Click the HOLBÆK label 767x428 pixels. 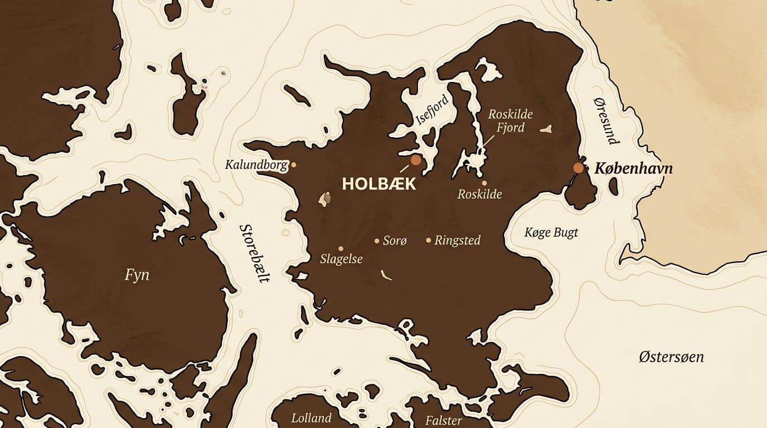tap(379, 184)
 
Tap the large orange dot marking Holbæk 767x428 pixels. tap(415, 160)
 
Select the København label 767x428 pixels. tap(634, 168)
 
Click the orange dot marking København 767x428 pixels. tap(579, 168)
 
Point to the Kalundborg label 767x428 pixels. tap(256, 165)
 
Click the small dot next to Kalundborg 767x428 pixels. tap(294, 165)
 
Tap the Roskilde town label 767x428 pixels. tap(479, 194)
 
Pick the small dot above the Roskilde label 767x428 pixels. tap(484, 183)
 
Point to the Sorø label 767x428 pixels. tap(395, 241)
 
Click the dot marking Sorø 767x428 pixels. tap(377, 241)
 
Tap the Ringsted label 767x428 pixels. tap(457, 241)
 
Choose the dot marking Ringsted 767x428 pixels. tap(429, 241)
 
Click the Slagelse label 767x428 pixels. tap(341, 259)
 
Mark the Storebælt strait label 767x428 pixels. tap(254, 254)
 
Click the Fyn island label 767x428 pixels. tap(137, 275)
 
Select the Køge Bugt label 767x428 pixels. tap(551, 232)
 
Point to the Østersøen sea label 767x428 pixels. tap(671, 357)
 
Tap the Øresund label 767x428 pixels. tap(606, 120)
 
